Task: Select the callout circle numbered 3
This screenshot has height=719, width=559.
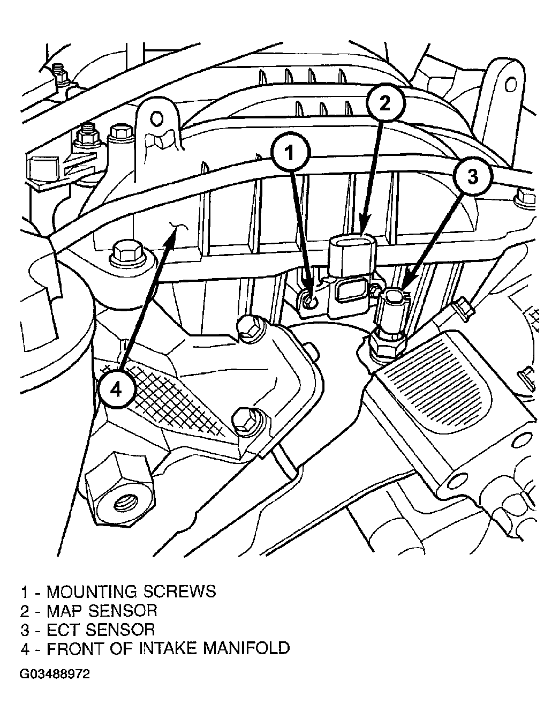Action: point(473,177)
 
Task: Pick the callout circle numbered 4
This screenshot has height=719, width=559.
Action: point(116,390)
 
